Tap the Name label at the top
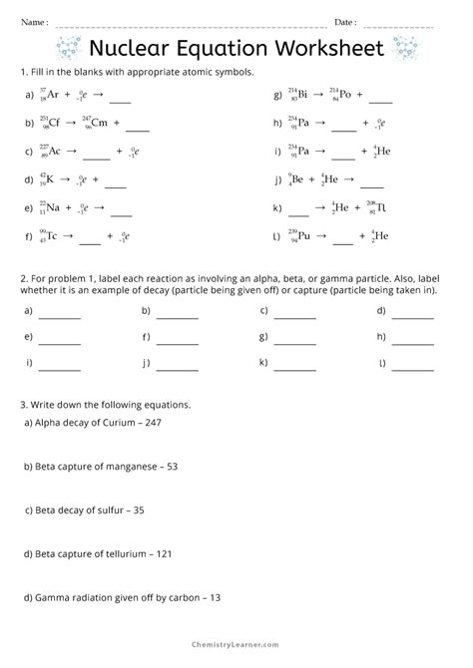click(32, 21)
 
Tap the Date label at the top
click(345, 21)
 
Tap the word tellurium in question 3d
click(121, 553)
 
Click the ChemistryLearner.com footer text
click(236, 648)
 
